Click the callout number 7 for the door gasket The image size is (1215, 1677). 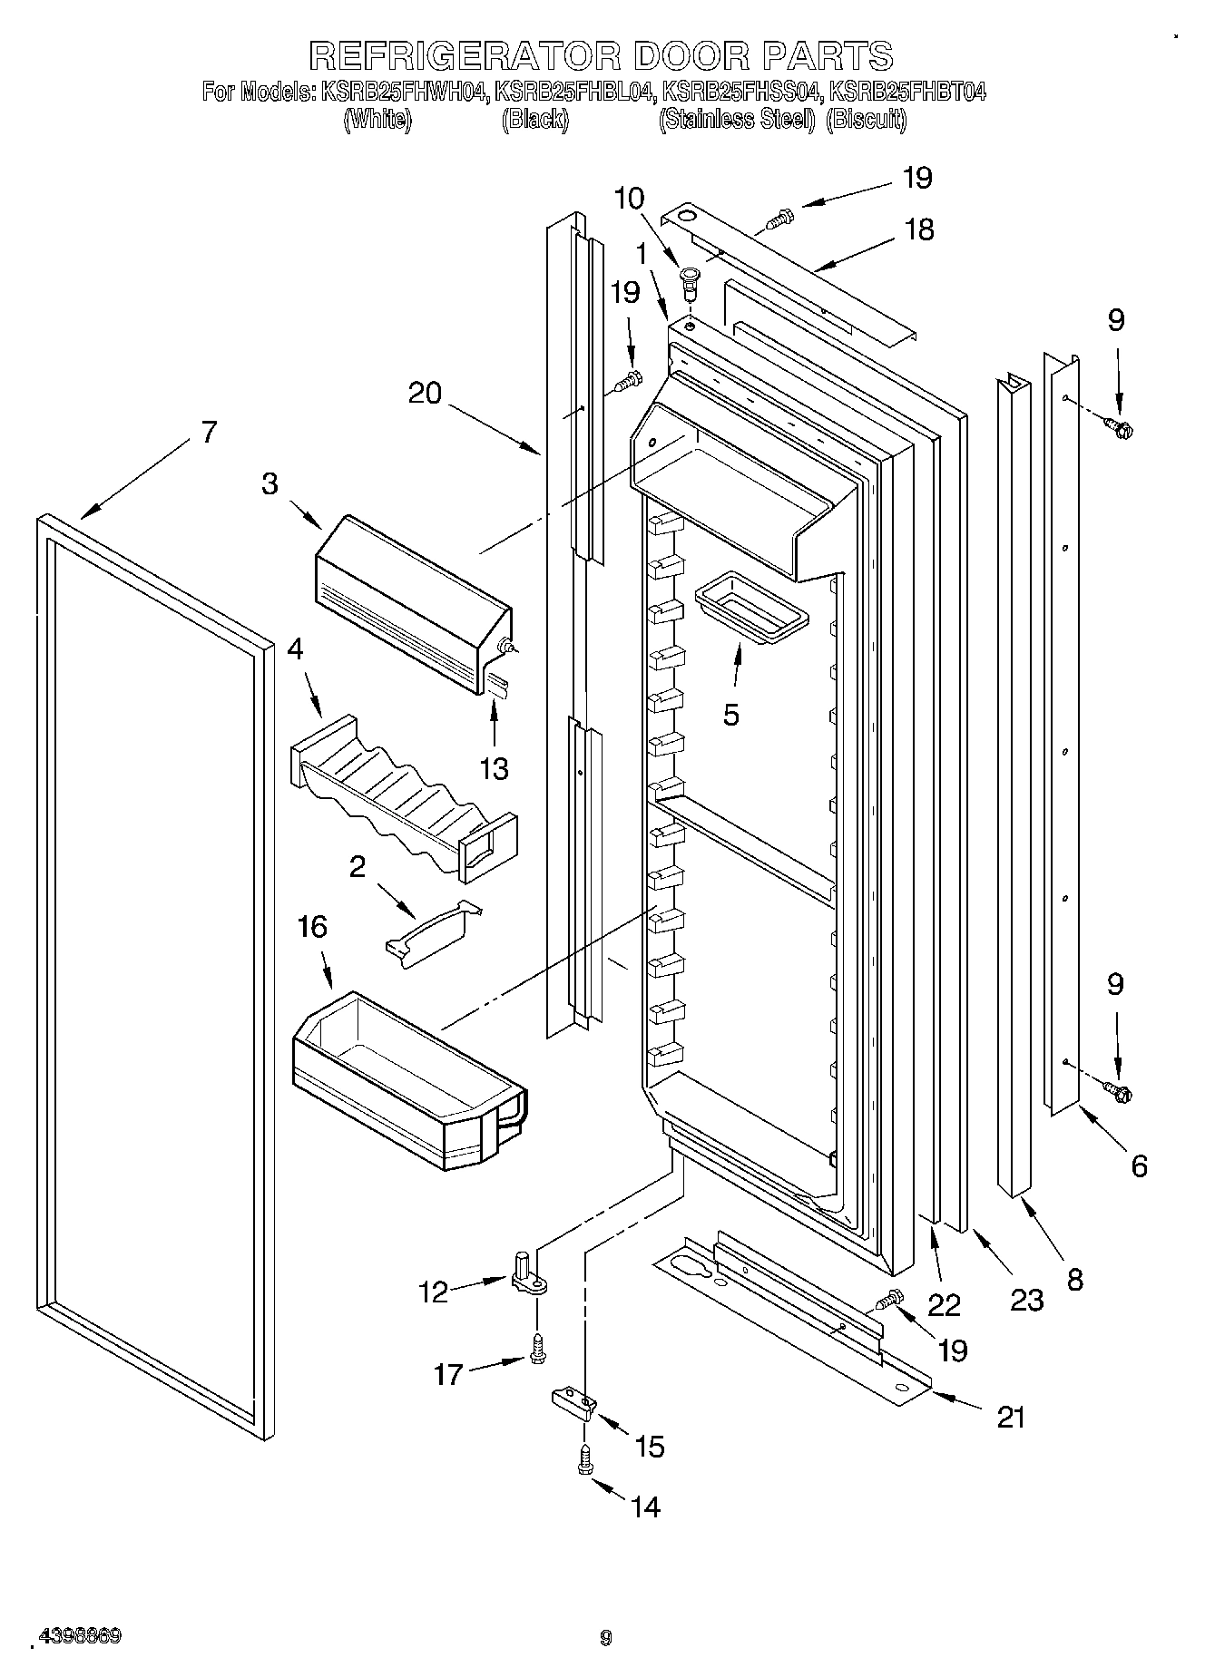[x=208, y=433]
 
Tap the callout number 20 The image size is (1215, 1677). [x=425, y=393]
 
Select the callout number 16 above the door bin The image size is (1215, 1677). [x=311, y=927]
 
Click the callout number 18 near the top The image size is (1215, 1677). [x=919, y=229]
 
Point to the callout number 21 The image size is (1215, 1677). [x=1010, y=1416]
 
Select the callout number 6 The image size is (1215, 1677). [x=1139, y=1165]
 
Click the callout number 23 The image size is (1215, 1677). [x=1026, y=1300]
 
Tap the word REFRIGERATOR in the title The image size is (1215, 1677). [x=465, y=55]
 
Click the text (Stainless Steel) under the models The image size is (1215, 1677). [x=736, y=119]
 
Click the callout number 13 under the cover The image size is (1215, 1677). [x=494, y=768]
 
